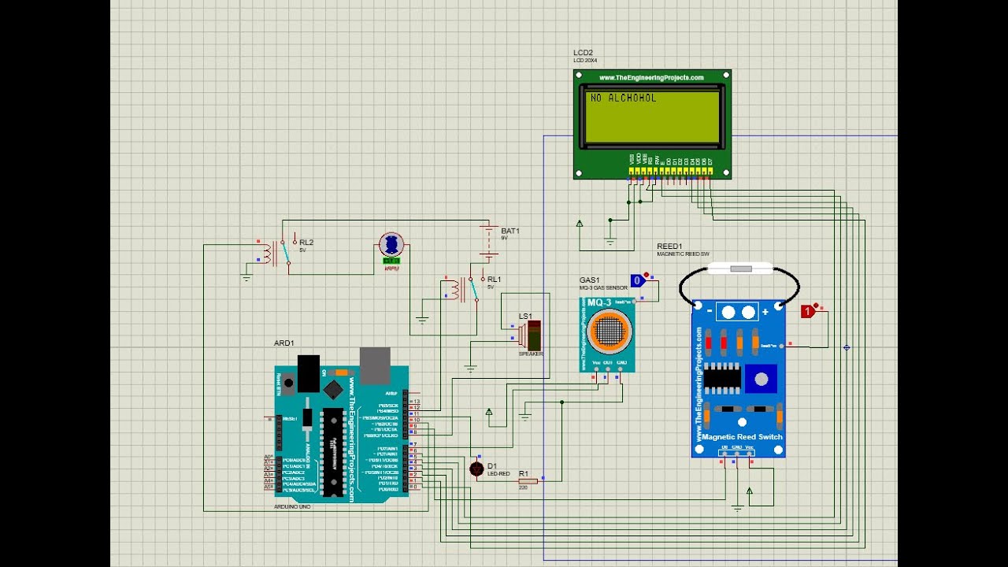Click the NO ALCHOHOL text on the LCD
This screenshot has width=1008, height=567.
[x=623, y=98]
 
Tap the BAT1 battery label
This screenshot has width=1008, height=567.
[x=510, y=231]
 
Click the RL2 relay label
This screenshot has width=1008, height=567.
[x=306, y=242]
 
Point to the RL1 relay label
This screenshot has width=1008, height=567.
[x=494, y=279]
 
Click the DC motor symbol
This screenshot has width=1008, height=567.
[x=391, y=245]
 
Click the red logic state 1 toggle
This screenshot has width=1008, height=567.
[x=807, y=312]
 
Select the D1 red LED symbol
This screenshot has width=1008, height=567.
[x=476, y=469]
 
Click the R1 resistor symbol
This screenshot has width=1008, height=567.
[x=528, y=480]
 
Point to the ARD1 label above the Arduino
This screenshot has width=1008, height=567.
[x=283, y=343]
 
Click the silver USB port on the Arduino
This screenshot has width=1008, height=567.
[x=375, y=365]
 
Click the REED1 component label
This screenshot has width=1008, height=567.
[x=669, y=246]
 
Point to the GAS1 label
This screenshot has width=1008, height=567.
[x=589, y=280]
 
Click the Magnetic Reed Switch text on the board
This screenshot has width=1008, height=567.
[x=741, y=437]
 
